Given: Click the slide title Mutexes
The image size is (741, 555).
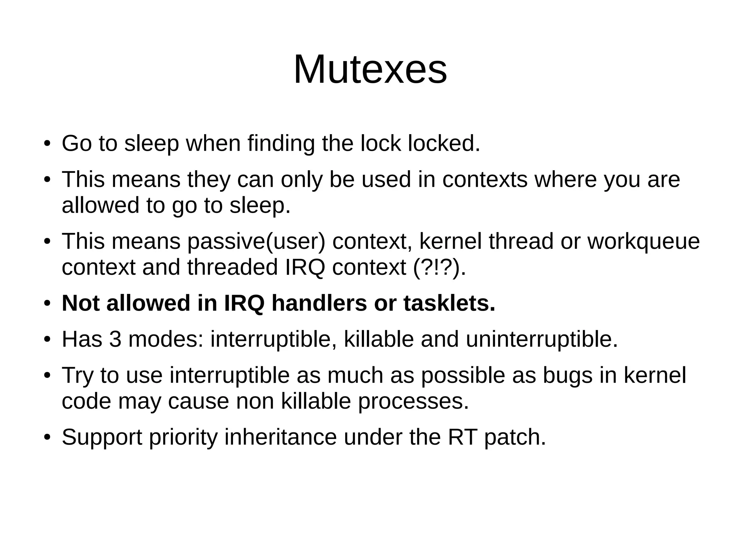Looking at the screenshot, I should (x=370, y=69).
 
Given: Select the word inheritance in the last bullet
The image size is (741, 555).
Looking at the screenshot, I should (x=280, y=437).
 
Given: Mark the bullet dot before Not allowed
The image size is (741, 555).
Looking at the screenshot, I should (x=47, y=304).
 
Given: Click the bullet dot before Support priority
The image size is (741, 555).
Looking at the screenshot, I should (x=47, y=438).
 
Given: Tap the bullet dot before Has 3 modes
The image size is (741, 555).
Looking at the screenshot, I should (x=47, y=340).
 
